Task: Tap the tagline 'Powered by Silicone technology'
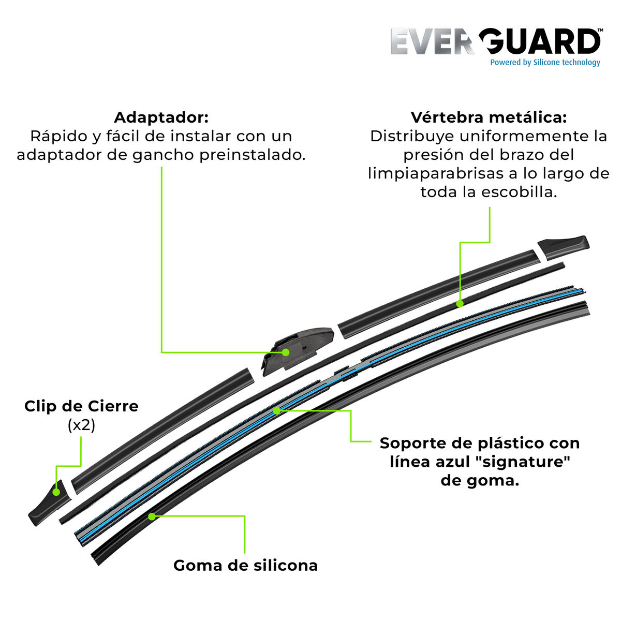545,63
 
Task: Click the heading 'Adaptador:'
161,117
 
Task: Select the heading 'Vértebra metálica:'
489,117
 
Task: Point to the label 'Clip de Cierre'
82,406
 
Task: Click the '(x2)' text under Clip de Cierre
82,425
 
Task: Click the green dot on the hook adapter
285,352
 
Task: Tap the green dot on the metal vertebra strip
460,303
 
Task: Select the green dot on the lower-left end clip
56,492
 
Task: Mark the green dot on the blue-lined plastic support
276,410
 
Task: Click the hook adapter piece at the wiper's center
298,351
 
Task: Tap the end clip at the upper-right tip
563,248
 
